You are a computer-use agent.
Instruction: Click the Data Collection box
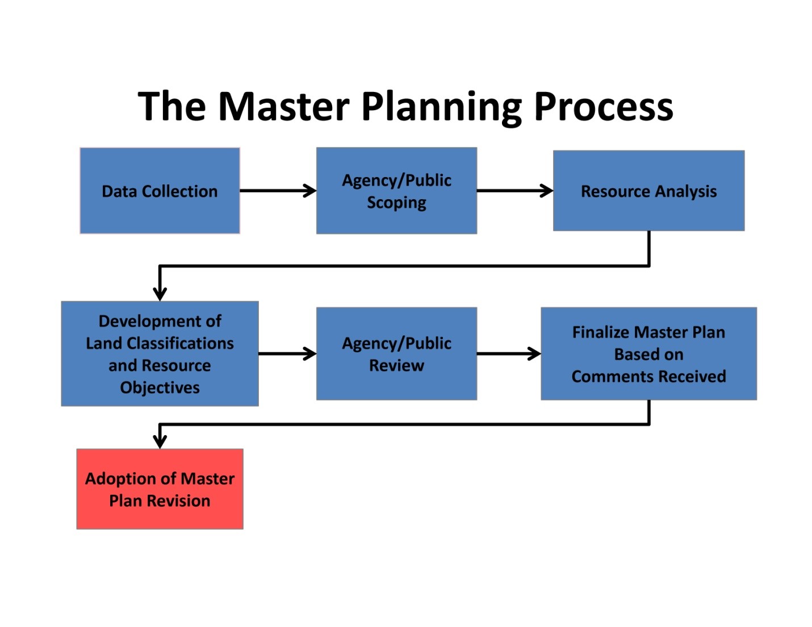click(160, 191)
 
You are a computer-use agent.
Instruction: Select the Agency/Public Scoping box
click(396, 191)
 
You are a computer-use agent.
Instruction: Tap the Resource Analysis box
click(648, 191)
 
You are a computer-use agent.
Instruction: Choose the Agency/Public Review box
click(396, 354)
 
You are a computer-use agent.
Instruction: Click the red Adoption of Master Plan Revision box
click(160, 489)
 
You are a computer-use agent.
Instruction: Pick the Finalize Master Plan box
click(648, 354)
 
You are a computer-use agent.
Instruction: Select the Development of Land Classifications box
click(160, 354)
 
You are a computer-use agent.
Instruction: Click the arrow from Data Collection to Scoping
click(278, 191)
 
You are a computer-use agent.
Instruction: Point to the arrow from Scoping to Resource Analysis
click(514, 191)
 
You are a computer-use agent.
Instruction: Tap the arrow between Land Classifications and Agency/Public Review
click(287, 354)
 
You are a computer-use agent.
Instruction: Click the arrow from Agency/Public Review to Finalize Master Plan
click(509, 354)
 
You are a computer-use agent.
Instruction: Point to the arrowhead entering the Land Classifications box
click(160, 293)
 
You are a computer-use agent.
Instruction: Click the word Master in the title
click(284, 106)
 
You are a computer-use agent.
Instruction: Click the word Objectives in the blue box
click(160, 388)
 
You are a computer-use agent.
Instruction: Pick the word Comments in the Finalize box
click(610, 376)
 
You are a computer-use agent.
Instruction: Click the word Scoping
click(396, 203)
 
